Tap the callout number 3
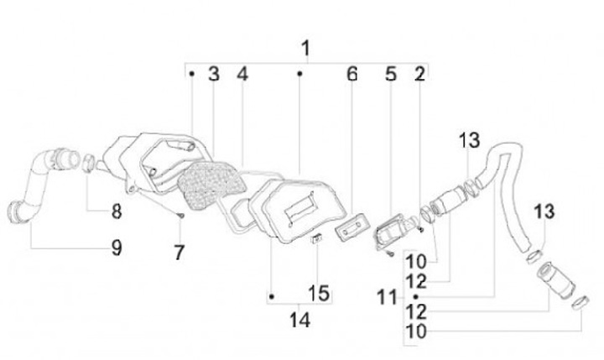[x=213, y=74]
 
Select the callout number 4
[x=242, y=74]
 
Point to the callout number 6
[x=351, y=74]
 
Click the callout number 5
[x=390, y=74]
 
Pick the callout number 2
[x=419, y=74]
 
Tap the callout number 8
[x=117, y=212]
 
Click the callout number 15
[x=318, y=295]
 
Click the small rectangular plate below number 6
[x=351, y=224]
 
